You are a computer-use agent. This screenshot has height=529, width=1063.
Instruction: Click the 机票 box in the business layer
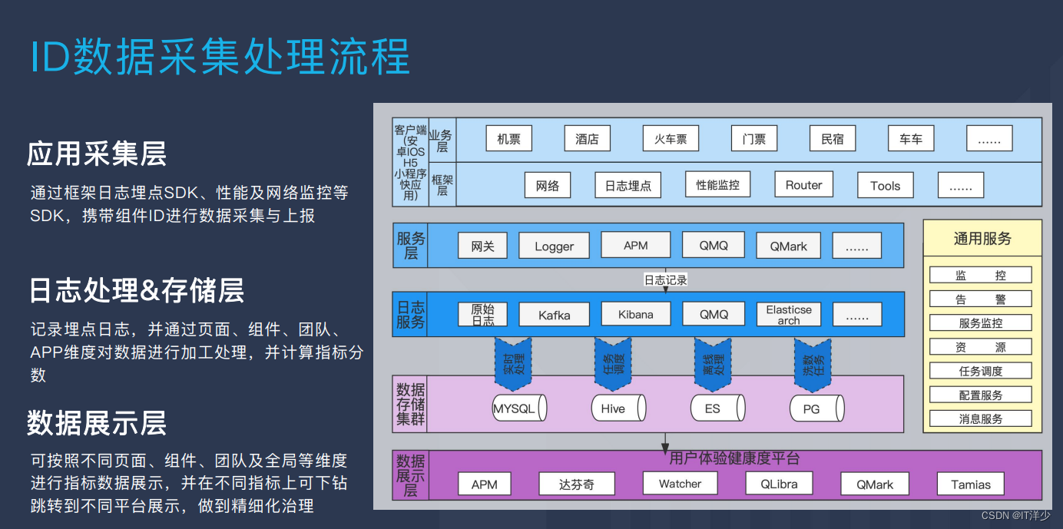click(x=508, y=139)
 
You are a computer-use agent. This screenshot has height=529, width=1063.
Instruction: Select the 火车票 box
click(x=671, y=139)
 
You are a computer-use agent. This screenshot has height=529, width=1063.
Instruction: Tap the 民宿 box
click(x=833, y=139)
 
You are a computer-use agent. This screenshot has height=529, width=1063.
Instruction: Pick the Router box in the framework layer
click(x=803, y=185)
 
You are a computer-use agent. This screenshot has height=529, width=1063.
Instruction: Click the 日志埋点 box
click(x=628, y=185)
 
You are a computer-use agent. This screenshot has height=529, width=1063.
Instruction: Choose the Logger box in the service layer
click(x=554, y=246)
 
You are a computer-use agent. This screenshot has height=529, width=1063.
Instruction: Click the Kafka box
click(x=554, y=315)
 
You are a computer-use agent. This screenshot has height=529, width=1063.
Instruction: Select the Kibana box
click(x=635, y=314)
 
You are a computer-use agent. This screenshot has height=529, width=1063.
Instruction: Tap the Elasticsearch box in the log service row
click(x=788, y=315)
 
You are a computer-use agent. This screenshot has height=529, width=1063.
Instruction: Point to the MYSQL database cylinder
click(x=518, y=408)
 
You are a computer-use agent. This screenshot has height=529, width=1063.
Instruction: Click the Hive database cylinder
click(x=617, y=408)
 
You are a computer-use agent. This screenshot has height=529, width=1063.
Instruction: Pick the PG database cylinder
click(x=816, y=408)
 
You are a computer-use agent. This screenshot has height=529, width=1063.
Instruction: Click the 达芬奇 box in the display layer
click(x=576, y=484)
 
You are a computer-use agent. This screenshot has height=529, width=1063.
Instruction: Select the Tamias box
click(x=971, y=484)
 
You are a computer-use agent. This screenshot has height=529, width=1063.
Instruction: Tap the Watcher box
click(x=680, y=484)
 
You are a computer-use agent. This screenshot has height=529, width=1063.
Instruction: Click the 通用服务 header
click(x=982, y=239)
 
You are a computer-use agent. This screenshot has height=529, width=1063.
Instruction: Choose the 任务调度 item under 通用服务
click(x=981, y=371)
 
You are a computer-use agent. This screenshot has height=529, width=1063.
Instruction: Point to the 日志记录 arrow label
click(x=665, y=280)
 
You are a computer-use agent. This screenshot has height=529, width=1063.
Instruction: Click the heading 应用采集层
click(x=97, y=154)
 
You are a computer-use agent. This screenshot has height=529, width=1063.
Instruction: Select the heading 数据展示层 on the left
click(x=97, y=423)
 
